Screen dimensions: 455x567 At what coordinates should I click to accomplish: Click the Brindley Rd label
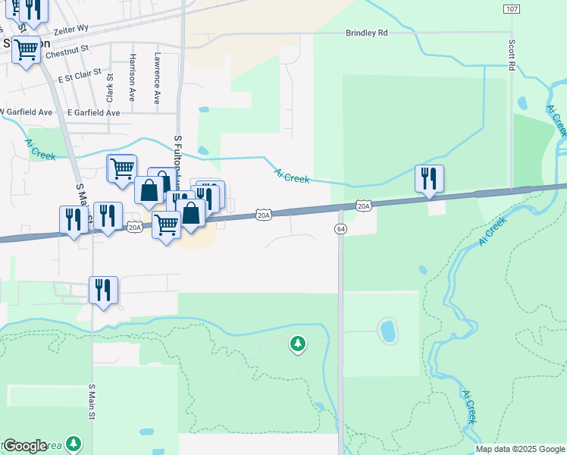pos(366,33)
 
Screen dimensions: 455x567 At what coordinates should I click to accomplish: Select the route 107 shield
pos(511,8)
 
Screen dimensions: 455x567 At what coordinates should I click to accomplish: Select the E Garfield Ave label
pos(93,112)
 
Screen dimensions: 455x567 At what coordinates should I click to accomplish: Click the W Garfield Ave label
pos(26,112)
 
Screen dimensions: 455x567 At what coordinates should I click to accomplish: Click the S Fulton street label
pos(177,159)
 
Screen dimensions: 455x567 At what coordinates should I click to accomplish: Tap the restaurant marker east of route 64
pos(429,179)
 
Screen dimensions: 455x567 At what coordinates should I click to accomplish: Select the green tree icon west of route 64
pos(298,345)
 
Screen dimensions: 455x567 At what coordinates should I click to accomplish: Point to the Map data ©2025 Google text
pos(520,449)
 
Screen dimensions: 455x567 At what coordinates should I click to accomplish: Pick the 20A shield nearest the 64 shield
pos(364,206)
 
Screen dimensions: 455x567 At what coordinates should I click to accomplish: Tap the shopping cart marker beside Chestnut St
pos(26,51)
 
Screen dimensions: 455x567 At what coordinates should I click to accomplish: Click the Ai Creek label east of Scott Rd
pos(556,121)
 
